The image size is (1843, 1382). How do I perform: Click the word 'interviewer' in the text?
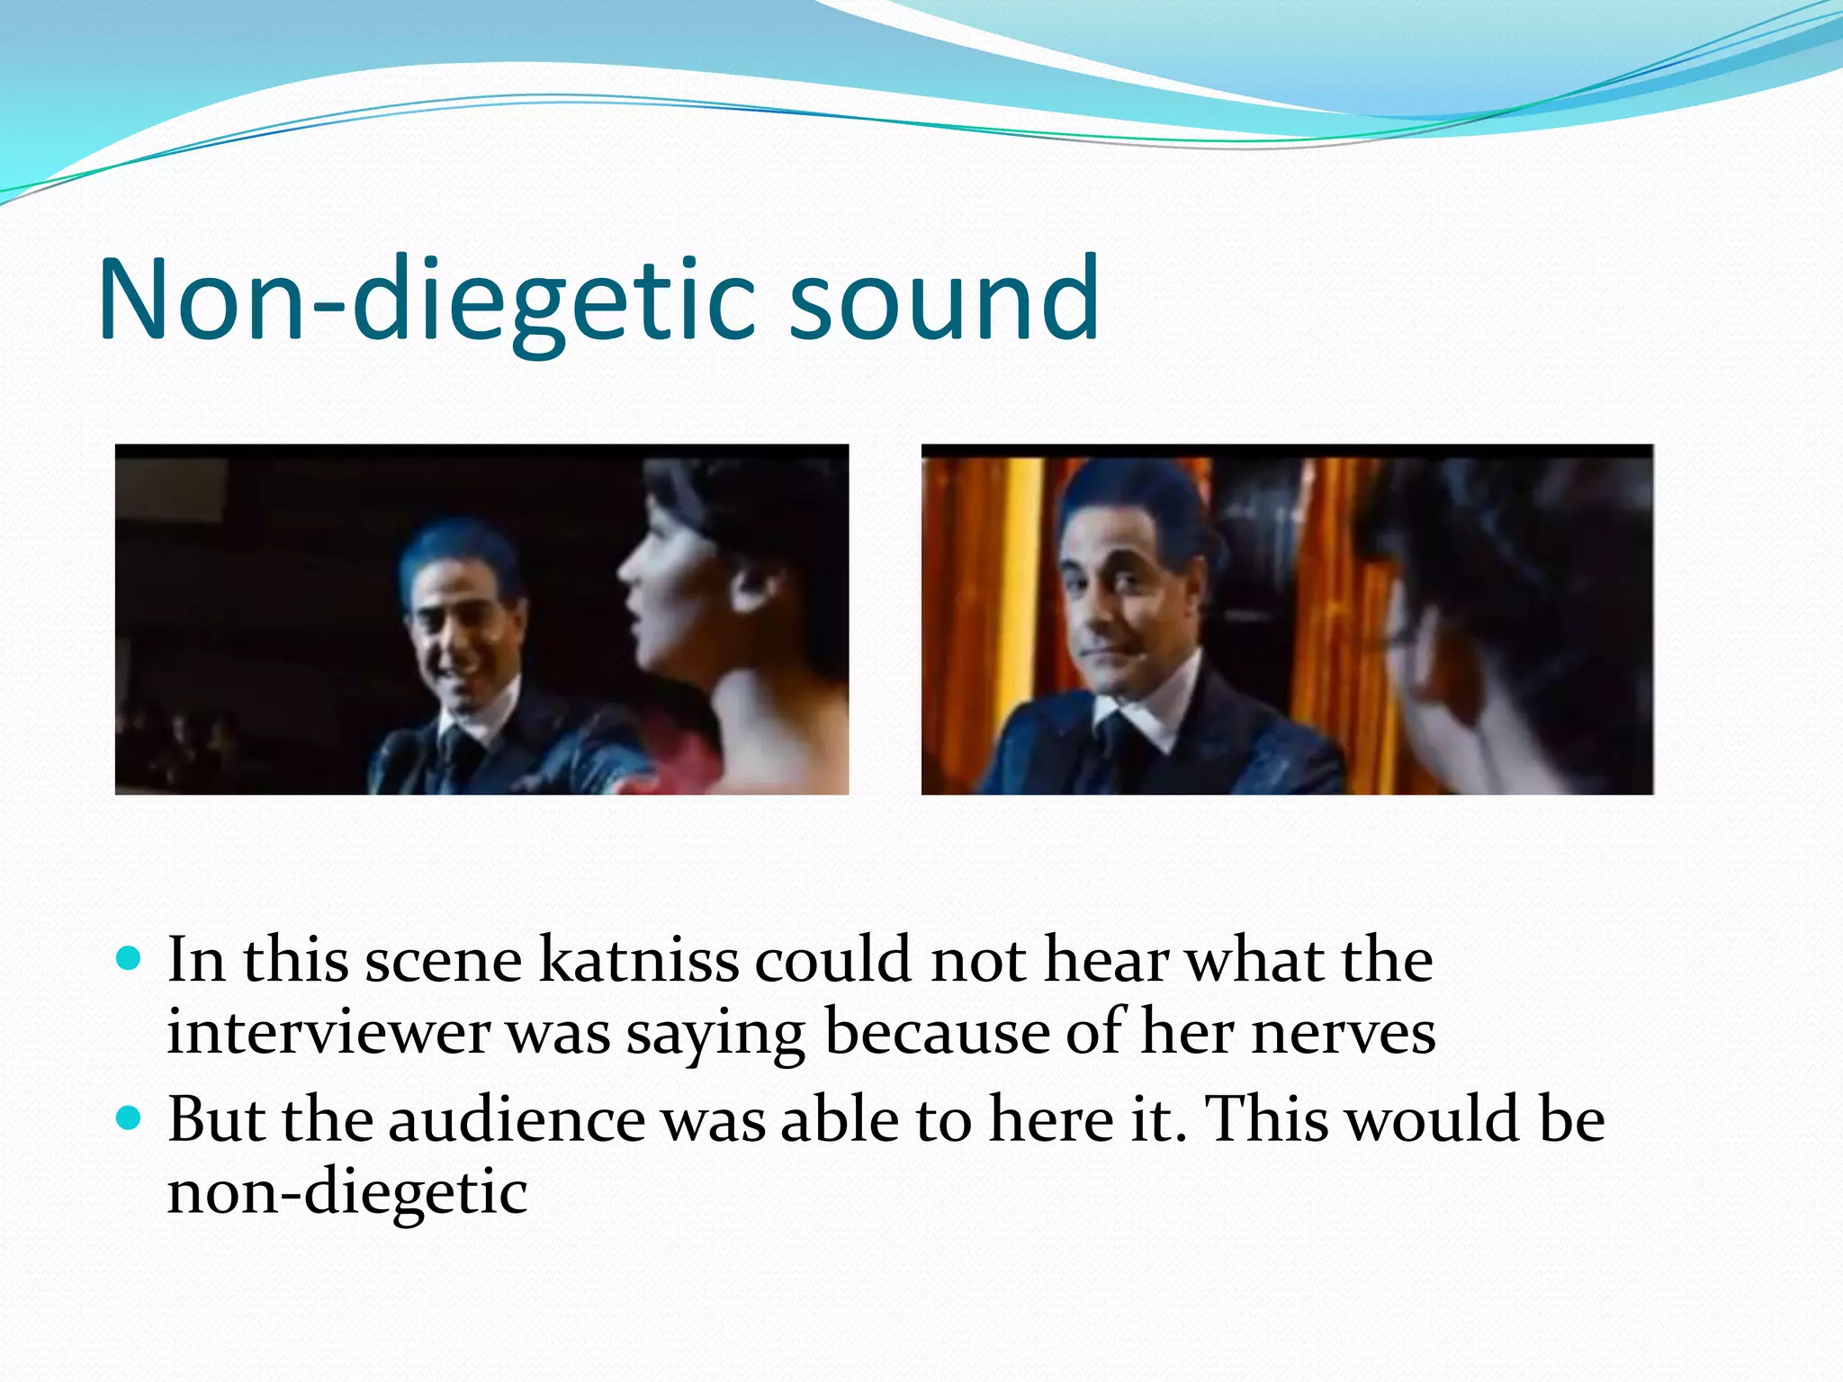(x=328, y=1032)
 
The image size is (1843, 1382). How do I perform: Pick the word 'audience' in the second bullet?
(x=517, y=1120)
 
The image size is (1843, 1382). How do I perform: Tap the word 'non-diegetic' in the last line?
(x=347, y=1192)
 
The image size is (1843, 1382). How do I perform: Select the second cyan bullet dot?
(x=130, y=1119)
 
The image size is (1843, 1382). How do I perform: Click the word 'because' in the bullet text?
(x=936, y=1032)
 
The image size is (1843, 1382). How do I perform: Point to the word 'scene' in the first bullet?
(x=443, y=960)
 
